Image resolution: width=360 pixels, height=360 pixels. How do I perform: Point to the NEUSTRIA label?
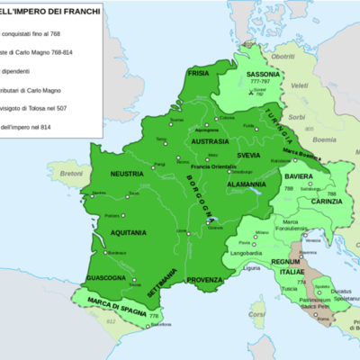127,173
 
